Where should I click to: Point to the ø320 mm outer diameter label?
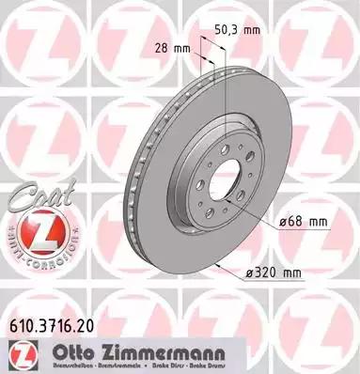[273, 273]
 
